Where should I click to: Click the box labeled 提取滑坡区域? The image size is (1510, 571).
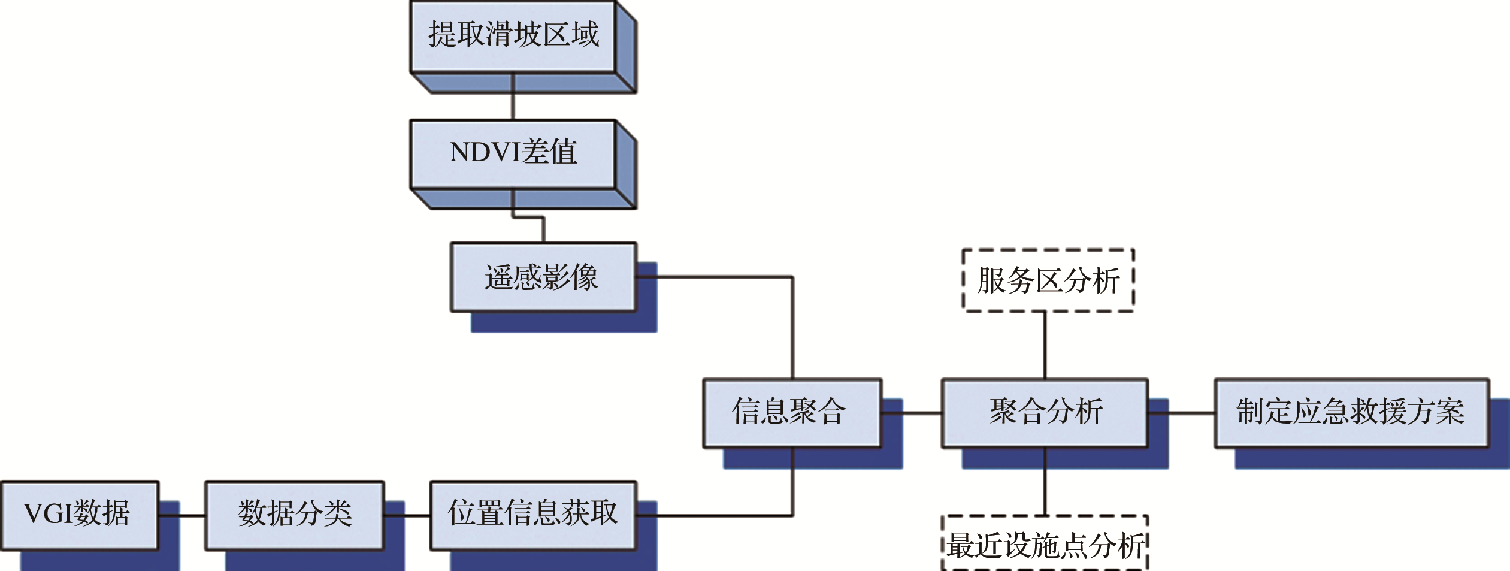tap(513, 36)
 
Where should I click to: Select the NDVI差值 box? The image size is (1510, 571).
tap(513, 153)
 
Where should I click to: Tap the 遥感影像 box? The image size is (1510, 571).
tap(543, 277)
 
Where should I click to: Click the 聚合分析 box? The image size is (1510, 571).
tap(1045, 413)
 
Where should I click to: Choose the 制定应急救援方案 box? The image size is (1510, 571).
tap(1351, 413)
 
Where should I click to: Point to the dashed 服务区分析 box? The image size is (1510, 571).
tap(1048, 280)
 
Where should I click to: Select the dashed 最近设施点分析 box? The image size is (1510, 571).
tap(1045, 544)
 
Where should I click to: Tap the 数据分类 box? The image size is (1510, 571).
tap(294, 515)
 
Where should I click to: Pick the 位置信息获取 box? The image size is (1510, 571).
tap(532, 515)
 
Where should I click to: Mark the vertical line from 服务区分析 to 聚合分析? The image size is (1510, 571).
tap(1045, 345)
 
